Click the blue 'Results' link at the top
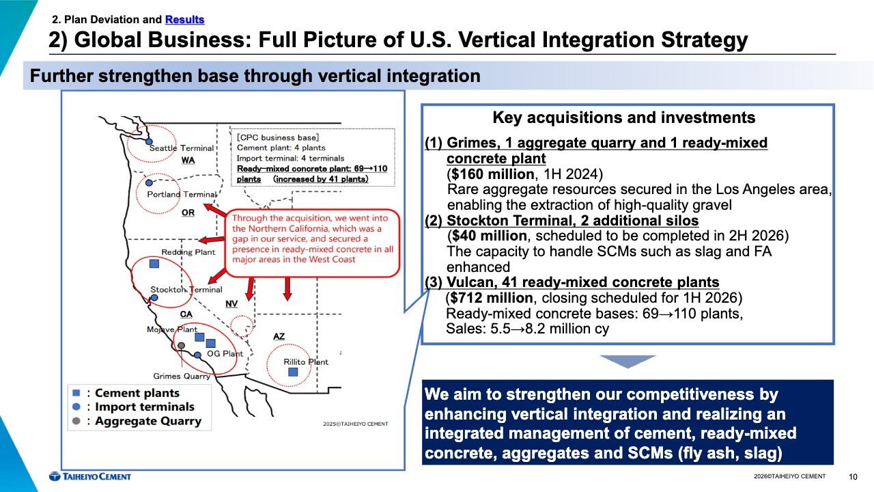click(184, 20)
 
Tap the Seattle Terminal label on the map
click(182, 148)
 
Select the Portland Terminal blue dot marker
click(149, 182)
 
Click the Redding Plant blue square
click(154, 264)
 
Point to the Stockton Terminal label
click(186, 290)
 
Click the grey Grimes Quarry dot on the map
click(182, 346)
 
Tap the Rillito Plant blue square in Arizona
click(293, 372)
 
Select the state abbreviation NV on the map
click(231, 304)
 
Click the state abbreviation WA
click(188, 161)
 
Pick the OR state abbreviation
click(188, 213)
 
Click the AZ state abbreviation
click(279, 336)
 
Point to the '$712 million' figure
click(491, 298)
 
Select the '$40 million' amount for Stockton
click(489, 236)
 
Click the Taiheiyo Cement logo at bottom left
click(90, 476)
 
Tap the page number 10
click(853, 477)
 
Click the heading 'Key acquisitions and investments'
click(624, 118)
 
